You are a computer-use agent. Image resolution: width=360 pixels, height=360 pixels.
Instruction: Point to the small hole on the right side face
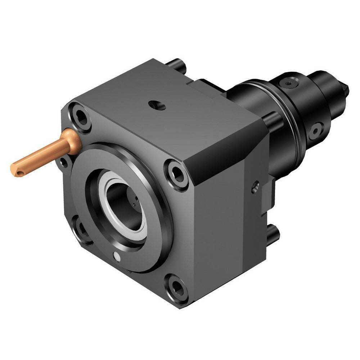tap(255, 186)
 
